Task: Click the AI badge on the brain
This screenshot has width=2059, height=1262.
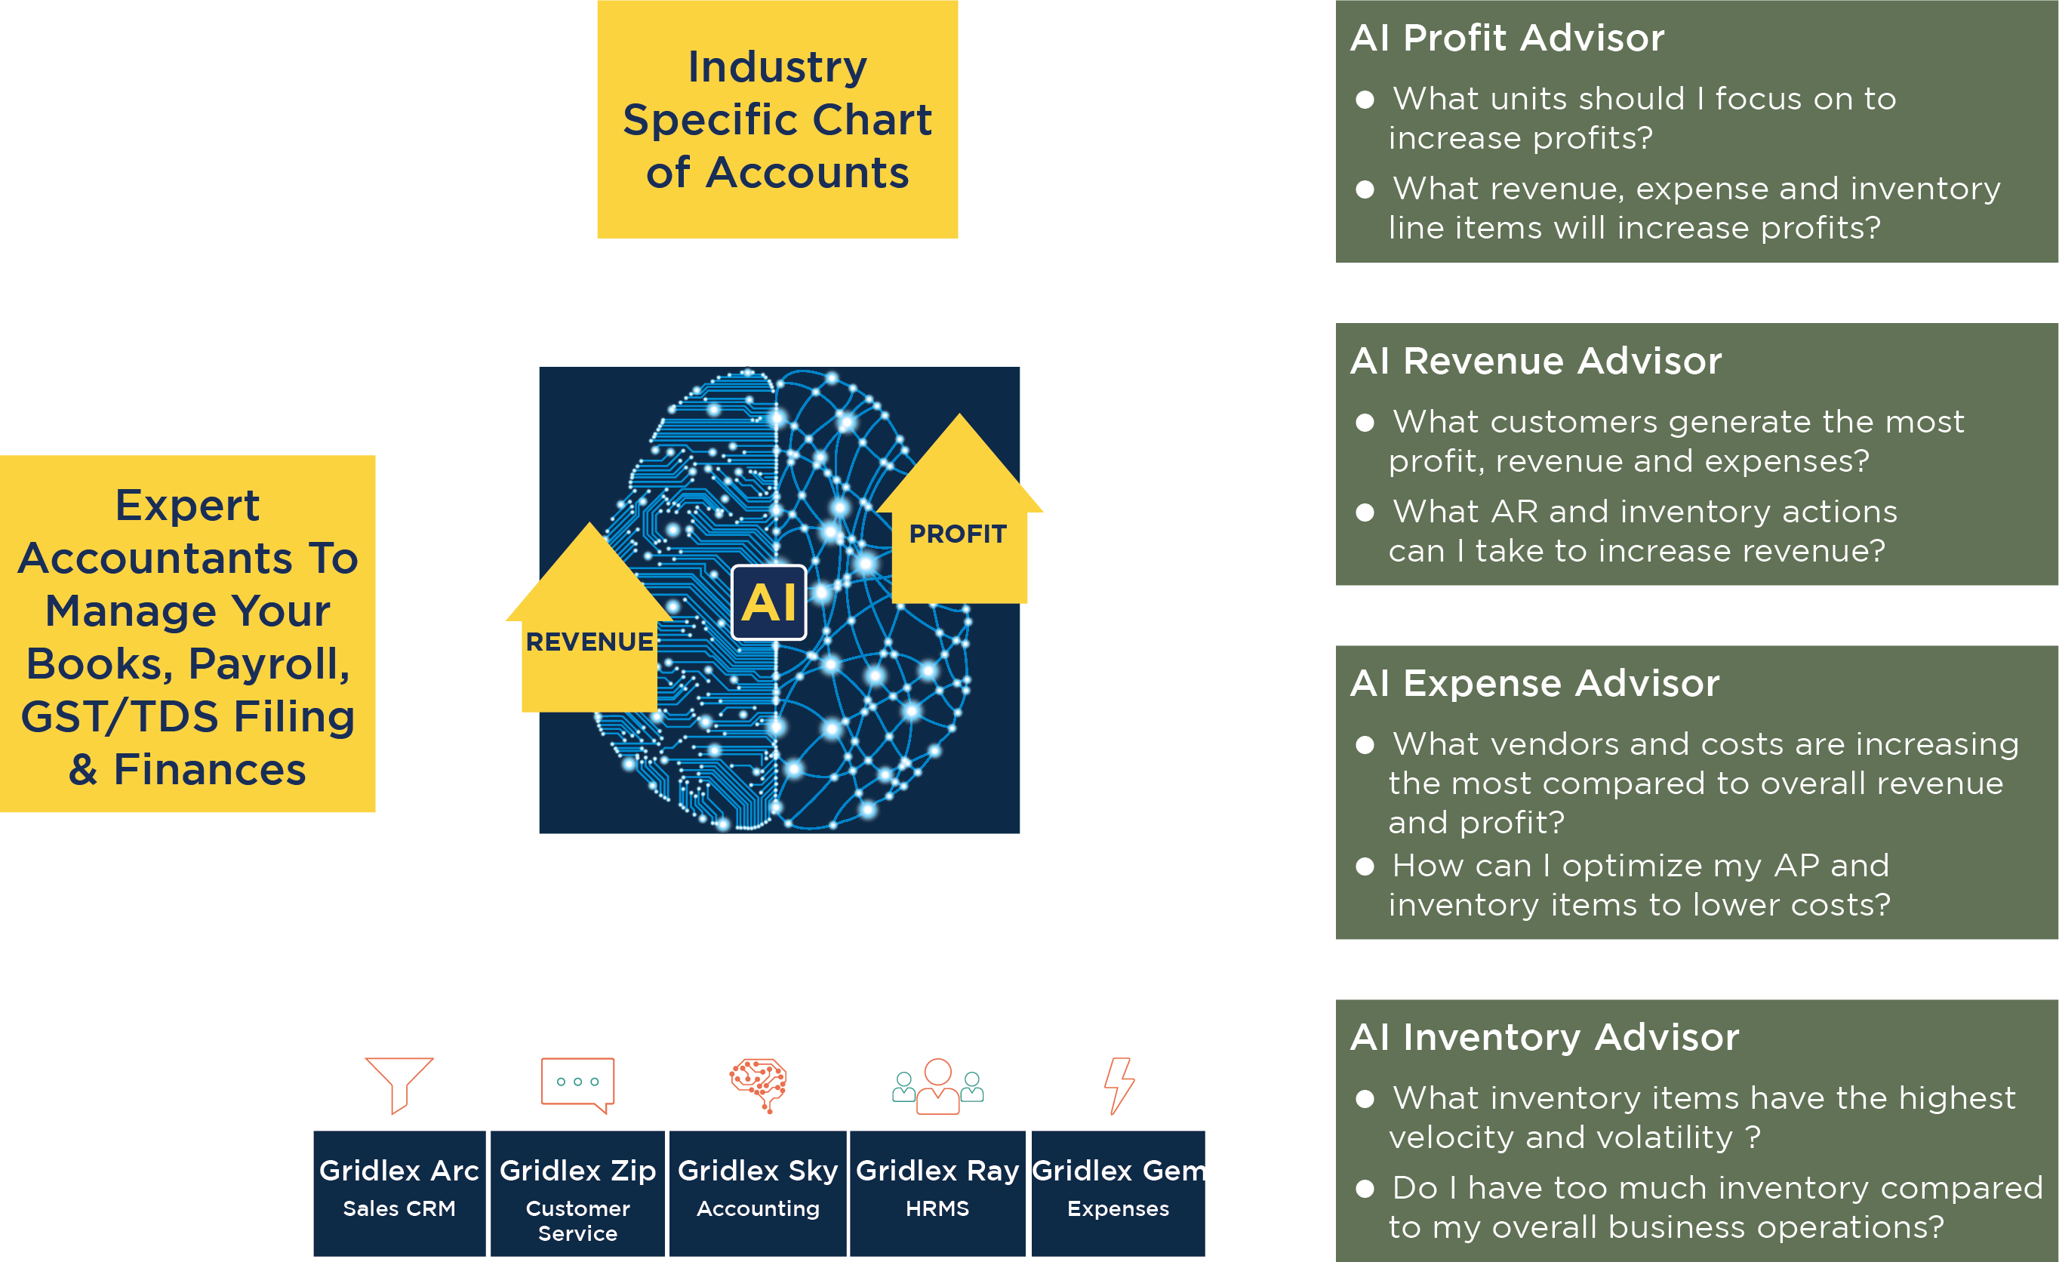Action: (x=769, y=602)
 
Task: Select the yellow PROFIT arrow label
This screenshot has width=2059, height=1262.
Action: (x=958, y=533)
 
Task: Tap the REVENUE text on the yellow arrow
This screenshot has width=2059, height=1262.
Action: (x=589, y=642)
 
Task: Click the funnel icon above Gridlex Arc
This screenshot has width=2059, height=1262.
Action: (x=399, y=1083)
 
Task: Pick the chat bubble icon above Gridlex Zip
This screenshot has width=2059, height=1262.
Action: (x=577, y=1084)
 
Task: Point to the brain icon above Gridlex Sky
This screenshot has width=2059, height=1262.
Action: (x=758, y=1084)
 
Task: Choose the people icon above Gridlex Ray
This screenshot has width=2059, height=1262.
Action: (x=937, y=1085)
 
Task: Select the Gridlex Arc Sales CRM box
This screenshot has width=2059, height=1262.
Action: (x=399, y=1193)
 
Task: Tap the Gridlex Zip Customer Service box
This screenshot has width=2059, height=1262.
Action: (x=577, y=1193)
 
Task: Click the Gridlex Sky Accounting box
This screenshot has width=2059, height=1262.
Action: (x=758, y=1193)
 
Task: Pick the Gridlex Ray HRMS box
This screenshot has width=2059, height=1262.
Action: (x=937, y=1193)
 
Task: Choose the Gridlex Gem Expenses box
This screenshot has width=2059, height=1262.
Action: (x=1118, y=1193)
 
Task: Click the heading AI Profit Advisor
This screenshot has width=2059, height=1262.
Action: (x=1507, y=38)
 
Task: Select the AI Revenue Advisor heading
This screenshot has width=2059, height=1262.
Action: (x=1536, y=361)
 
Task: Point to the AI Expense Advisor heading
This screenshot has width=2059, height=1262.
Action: (x=1535, y=684)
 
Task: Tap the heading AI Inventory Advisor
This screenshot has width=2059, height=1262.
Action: (x=1544, y=1037)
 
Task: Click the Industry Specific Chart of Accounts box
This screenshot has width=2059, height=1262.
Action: (x=777, y=119)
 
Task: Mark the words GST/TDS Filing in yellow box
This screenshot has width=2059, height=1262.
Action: (x=188, y=716)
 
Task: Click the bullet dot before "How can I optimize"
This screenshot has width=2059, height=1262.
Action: (x=1365, y=866)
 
